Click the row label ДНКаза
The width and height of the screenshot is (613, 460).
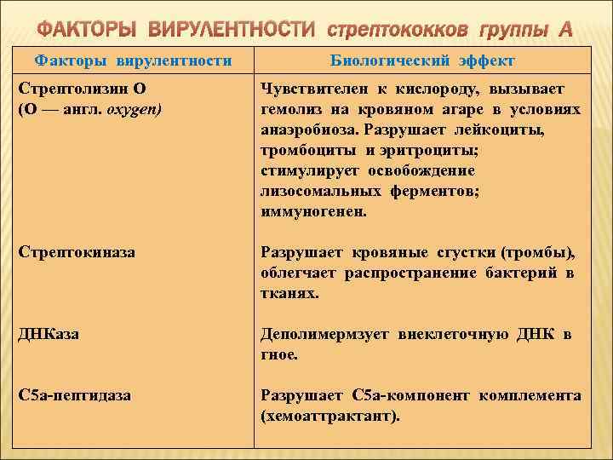pyautogui.click(x=49, y=334)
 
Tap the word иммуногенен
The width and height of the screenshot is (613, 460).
pyautogui.click(x=314, y=212)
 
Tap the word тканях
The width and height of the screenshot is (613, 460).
pyautogui.click(x=289, y=294)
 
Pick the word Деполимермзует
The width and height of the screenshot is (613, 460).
pyautogui.click(x=325, y=334)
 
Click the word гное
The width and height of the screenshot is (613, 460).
pyautogui.click(x=278, y=354)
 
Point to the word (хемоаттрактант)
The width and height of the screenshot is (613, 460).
pyautogui.click(x=330, y=417)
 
